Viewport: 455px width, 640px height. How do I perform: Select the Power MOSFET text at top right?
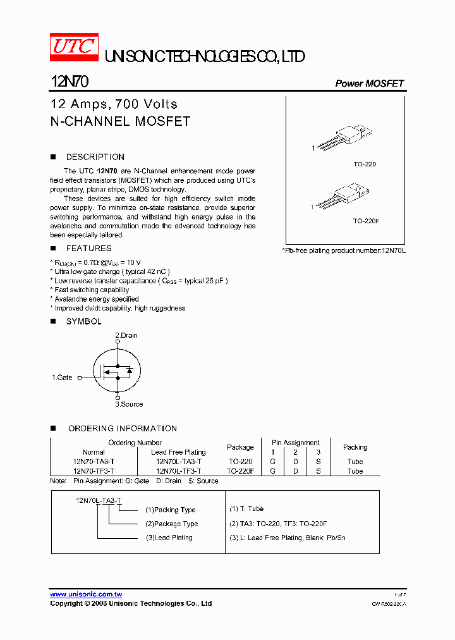click(x=369, y=83)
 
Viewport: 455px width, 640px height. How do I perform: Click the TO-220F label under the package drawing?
click(x=365, y=221)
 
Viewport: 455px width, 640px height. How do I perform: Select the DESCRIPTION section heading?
click(x=95, y=157)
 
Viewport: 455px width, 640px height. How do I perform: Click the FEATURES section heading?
click(x=88, y=249)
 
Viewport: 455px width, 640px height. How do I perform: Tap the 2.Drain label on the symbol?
click(x=126, y=335)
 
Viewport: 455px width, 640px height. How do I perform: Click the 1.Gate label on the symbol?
click(x=63, y=378)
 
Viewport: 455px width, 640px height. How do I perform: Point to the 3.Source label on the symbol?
click(x=129, y=404)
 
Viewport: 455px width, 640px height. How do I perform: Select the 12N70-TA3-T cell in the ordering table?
click(x=94, y=462)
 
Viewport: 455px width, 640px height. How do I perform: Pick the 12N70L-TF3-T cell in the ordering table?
click(x=178, y=471)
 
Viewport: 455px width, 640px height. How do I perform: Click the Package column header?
click(x=240, y=447)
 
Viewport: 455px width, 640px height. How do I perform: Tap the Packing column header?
click(x=355, y=447)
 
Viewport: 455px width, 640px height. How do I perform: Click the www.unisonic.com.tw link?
click(x=86, y=594)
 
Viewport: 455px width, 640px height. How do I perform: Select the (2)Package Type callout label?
click(x=171, y=524)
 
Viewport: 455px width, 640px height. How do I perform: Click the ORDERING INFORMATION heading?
click(x=123, y=429)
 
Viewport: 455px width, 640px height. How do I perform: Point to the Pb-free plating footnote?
click(x=344, y=251)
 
